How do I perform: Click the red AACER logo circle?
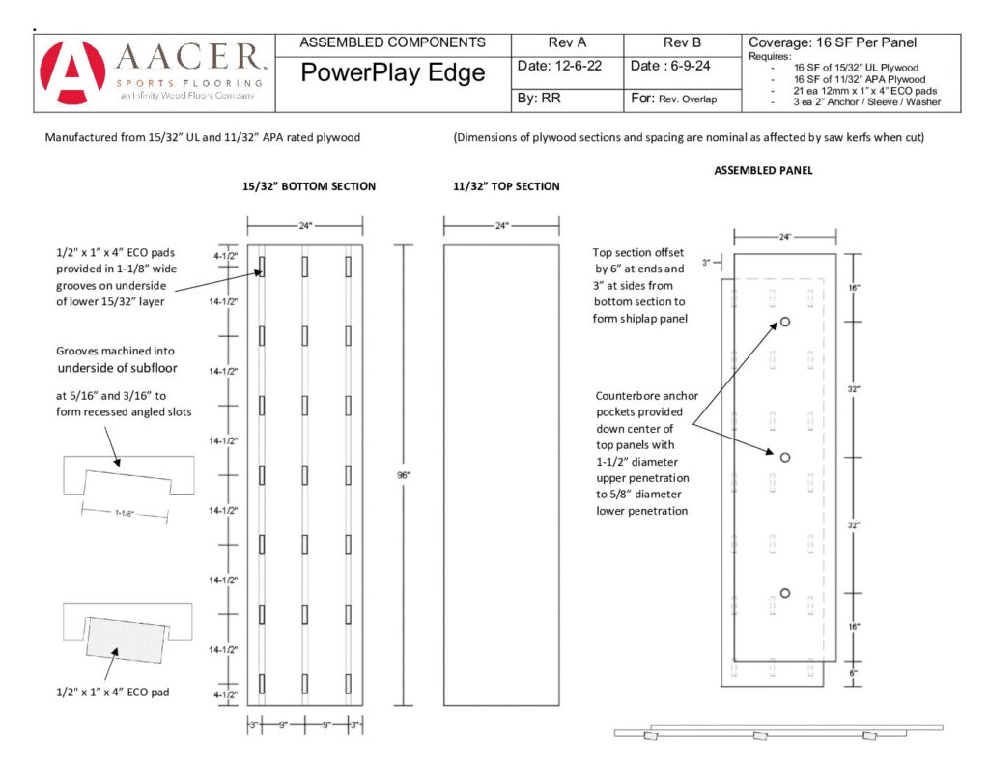(72, 72)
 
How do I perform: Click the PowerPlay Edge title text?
(392, 72)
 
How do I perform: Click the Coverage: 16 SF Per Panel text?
(832, 42)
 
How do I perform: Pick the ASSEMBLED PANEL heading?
(763, 170)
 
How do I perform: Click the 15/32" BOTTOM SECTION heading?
(309, 186)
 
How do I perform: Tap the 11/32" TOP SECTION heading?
(506, 186)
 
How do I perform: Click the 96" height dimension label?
(404, 475)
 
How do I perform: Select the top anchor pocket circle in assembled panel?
(785, 322)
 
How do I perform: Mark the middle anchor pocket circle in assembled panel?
(785, 458)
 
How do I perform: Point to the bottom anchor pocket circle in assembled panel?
(785, 593)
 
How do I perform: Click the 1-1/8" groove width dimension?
(125, 513)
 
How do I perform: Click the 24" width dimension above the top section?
(501, 225)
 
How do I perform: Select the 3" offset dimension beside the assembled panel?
(706, 263)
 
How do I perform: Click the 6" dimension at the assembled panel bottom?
(853, 674)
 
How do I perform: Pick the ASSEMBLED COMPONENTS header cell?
(392, 42)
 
